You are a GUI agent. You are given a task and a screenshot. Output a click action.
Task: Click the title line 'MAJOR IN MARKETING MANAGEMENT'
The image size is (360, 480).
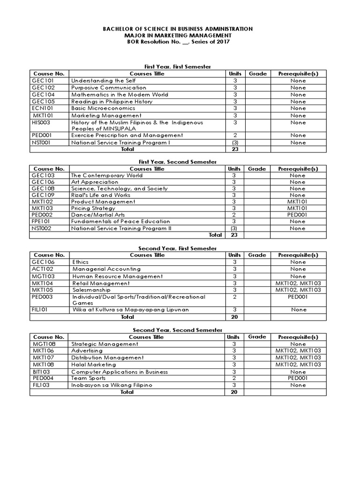(178, 35)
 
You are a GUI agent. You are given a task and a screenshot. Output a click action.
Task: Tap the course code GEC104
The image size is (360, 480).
(44, 94)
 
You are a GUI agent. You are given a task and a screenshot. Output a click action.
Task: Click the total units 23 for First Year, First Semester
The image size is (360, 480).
(235, 149)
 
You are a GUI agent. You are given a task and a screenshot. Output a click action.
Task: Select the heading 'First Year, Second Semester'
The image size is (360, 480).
(178, 162)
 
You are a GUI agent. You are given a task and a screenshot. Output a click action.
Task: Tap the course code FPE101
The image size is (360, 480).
(42, 221)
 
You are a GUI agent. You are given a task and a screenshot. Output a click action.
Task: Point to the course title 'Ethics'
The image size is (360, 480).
(80, 262)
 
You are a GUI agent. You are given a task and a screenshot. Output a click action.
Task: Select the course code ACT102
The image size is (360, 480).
(43, 269)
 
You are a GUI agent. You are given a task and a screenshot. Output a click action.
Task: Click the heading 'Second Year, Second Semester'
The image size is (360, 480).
(178, 330)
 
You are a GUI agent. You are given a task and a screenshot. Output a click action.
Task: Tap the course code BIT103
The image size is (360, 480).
(41, 372)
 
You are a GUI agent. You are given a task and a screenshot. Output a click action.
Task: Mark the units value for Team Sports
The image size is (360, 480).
(234, 378)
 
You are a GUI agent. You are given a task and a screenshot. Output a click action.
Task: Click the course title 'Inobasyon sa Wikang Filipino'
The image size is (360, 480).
(112, 385)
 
